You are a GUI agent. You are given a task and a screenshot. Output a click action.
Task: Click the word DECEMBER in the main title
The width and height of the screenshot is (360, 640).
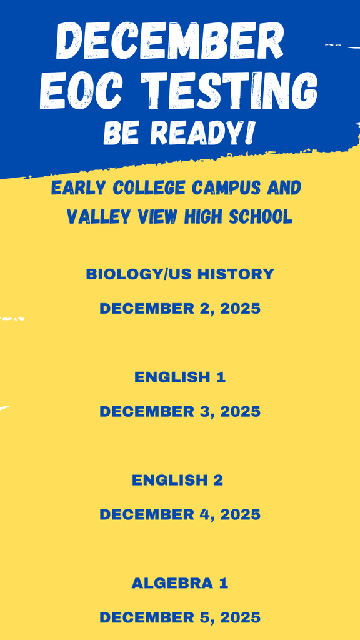point(170,40)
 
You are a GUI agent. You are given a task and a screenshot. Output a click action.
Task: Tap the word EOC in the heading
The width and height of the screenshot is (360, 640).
point(81,91)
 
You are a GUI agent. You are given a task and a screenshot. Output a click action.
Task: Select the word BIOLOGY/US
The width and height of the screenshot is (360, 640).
point(139,274)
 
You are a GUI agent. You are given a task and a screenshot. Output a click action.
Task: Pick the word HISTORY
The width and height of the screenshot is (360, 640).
point(236,274)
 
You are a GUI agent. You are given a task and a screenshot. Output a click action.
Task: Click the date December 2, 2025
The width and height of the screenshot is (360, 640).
point(180,309)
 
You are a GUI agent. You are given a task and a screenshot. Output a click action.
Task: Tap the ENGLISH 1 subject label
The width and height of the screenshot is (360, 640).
point(180,377)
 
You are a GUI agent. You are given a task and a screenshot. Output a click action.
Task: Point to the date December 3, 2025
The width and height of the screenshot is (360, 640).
point(180,412)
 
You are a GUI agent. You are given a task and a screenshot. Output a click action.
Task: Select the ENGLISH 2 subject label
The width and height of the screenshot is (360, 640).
point(177,481)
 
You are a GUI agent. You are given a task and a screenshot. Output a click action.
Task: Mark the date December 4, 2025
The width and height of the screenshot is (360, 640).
point(180,515)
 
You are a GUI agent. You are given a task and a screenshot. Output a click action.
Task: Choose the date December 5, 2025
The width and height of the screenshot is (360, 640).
point(180,617)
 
